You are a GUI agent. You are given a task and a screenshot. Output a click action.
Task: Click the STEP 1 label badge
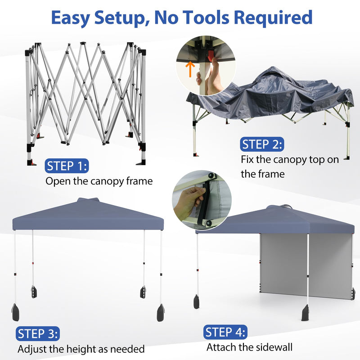[67, 166]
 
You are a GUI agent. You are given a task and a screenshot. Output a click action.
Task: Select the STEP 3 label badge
[38, 334]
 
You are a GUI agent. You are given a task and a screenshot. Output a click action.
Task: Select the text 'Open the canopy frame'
[99, 181]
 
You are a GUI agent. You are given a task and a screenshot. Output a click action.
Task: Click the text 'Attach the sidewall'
[249, 347]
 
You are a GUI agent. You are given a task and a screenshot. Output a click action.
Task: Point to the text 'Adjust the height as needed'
[81, 349]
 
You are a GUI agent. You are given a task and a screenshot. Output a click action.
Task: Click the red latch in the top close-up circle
[211, 56]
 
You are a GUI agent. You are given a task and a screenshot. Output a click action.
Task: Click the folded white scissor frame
[85, 97]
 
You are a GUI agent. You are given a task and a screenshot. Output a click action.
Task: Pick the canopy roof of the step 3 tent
[88, 216]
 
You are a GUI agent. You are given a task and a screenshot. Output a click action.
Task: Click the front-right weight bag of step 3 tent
[161, 312]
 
